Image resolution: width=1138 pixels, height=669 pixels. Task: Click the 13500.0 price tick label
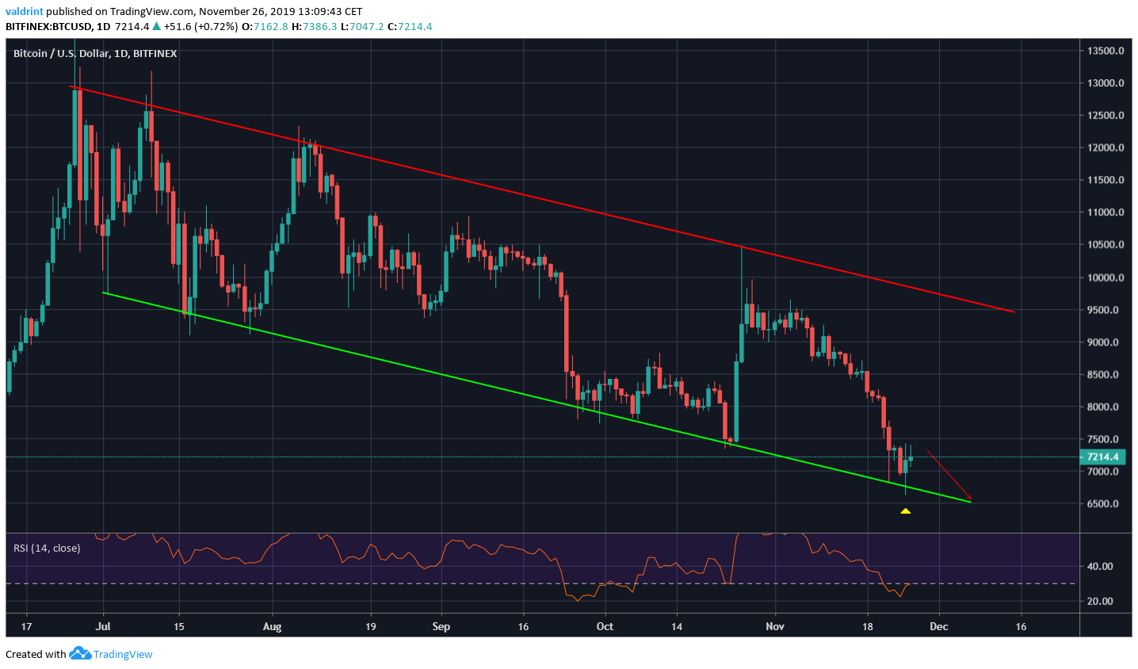[x=1106, y=51]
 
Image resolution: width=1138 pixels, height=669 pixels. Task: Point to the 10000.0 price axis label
[x=1106, y=277]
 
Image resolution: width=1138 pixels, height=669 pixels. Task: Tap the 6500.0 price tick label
[x=1103, y=504]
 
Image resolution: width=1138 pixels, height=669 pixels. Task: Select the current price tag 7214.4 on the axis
[x=1102, y=457]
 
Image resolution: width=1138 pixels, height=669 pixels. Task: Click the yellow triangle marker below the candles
[x=905, y=511]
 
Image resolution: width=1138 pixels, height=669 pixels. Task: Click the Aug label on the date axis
[x=272, y=626]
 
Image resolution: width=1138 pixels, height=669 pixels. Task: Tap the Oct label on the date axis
[x=605, y=626]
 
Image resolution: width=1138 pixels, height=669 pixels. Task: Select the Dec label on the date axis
[x=939, y=626]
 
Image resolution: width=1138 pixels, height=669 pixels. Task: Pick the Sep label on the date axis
[x=441, y=626]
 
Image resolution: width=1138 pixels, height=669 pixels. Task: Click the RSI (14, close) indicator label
[x=47, y=548]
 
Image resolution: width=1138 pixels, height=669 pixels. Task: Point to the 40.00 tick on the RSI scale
[x=1100, y=567]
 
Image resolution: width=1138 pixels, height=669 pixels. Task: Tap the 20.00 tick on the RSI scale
[x=1100, y=602]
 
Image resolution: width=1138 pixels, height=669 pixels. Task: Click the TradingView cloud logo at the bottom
[x=80, y=654]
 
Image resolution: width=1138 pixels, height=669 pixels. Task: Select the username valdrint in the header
[x=25, y=12]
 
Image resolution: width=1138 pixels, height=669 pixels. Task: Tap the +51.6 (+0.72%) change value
[x=200, y=26]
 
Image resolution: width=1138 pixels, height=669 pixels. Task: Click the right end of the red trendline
[x=1014, y=312]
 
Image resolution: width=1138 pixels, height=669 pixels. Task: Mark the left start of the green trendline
[x=104, y=292]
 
